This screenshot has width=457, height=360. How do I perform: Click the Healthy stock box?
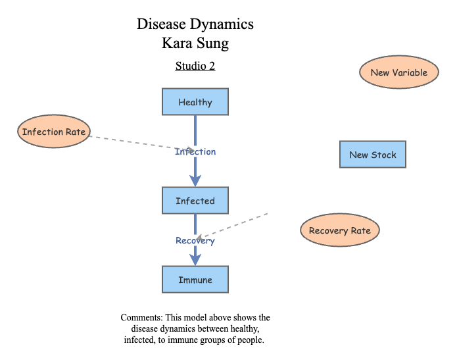coord(195,102)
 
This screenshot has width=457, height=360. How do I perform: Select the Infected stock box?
coord(195,201)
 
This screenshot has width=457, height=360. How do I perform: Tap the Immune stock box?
coord(195,280)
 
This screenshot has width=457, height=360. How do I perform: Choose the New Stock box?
coord(373,155)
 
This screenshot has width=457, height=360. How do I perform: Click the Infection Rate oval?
coord(53,132)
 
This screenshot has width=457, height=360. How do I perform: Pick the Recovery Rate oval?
coord(340,230)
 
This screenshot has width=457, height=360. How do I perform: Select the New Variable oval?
coord(398,72)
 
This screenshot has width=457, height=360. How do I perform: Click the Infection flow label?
coord(195,152)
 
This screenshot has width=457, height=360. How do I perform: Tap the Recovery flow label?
coord(195,241)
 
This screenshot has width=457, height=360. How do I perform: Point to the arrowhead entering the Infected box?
coord(195,180)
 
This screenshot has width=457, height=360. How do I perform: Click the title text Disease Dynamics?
coord(195,24)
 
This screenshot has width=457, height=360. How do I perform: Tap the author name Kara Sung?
coord(195,44)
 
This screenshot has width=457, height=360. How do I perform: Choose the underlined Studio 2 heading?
coord(195,66)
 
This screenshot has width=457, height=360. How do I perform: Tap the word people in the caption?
coord(251,340)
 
